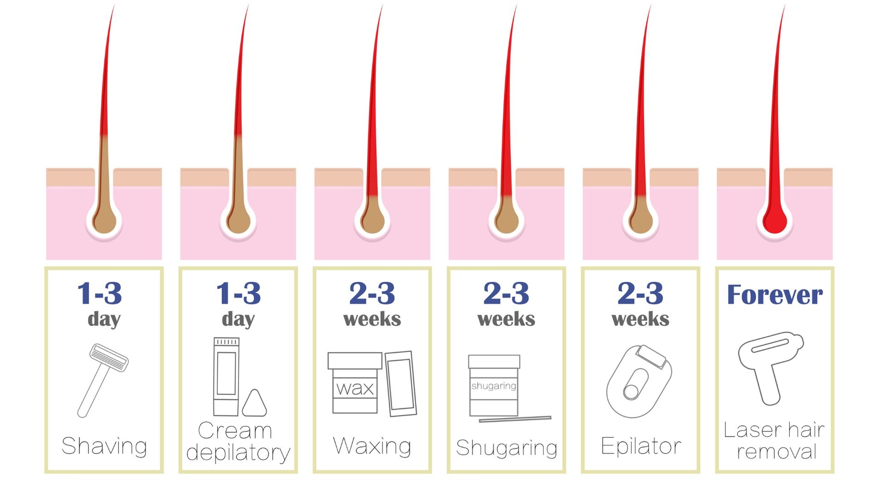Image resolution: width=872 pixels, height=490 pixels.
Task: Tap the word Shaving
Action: pos(104,446)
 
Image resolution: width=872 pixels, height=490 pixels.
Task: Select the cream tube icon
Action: pos(226,376)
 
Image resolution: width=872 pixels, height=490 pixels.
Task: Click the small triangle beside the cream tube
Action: pos(254,404)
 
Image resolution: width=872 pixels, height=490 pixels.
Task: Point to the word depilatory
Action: pos(238,452)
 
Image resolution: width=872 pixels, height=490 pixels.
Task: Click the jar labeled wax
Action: pos(355,382)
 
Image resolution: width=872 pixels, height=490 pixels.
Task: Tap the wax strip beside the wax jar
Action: pos(400,383)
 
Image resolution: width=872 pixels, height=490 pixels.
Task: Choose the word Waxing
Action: pos(372,446)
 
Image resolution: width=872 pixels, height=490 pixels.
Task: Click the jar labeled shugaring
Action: pos(494,385)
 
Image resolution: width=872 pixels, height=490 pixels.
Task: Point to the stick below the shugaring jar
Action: pos(515,419)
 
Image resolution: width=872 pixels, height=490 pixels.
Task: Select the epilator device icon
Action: pos(639,381)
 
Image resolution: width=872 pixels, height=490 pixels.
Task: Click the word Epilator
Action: pos(641,446)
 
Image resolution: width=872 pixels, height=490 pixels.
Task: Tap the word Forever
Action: pos(775,294)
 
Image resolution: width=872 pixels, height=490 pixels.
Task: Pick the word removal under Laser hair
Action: pos(776,451)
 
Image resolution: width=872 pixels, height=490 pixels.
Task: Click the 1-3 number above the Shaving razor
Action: pos(100,293)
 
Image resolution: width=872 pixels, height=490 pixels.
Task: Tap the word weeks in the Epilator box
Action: pos(640,319)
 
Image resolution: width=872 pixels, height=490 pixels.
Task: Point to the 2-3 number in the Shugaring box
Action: pos(506,293)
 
